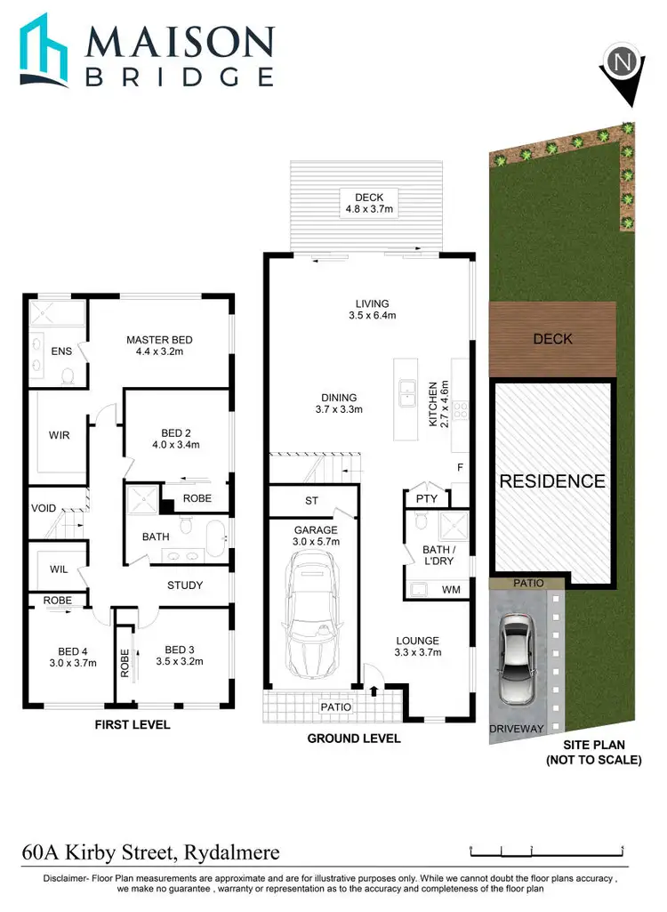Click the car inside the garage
[306, 613]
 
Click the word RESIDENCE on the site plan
[552, 481]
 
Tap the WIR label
[60, 435]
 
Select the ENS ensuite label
[61, 351]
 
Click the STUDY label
[185, 585]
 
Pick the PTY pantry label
[427, 498]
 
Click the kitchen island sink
[408, 389]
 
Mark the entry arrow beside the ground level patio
[374, 689]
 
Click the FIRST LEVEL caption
[133, 725]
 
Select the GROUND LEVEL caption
[354, 738]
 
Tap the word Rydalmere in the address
[230, 852]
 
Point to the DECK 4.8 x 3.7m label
[368, 204]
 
